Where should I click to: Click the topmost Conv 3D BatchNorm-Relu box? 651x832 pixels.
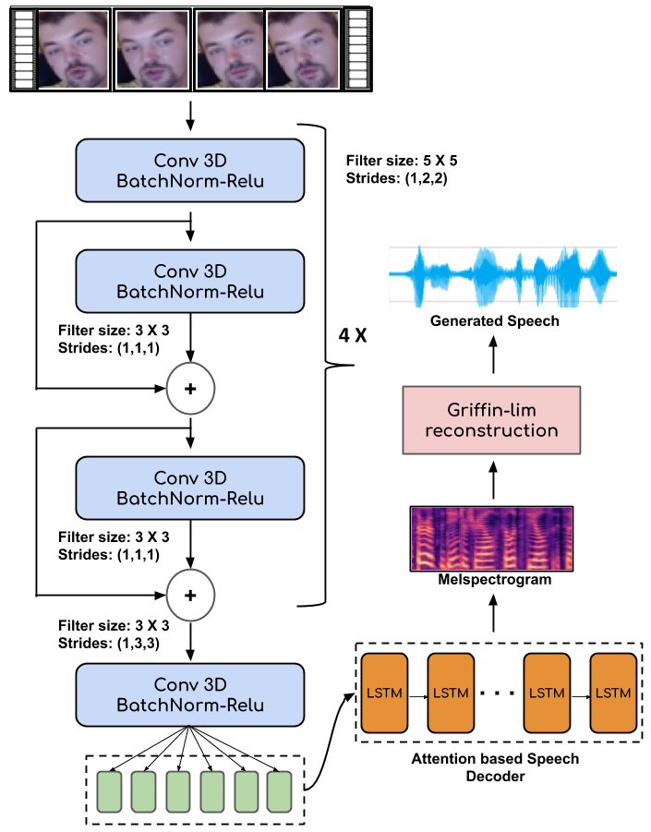[190, 170]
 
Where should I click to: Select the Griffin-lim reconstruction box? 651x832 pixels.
[490, 419]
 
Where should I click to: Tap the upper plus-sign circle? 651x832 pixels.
[190, 388]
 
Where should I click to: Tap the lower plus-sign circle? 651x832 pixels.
[190, 594]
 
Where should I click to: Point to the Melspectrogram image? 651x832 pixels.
[491, 537]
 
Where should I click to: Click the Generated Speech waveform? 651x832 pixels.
[502, 274]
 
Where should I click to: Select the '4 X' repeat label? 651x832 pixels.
[353, 333]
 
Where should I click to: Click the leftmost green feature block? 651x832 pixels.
[111, 792]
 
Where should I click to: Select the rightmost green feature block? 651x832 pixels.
[280, 792]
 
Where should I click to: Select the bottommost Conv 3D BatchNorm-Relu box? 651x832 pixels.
[190, 694]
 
